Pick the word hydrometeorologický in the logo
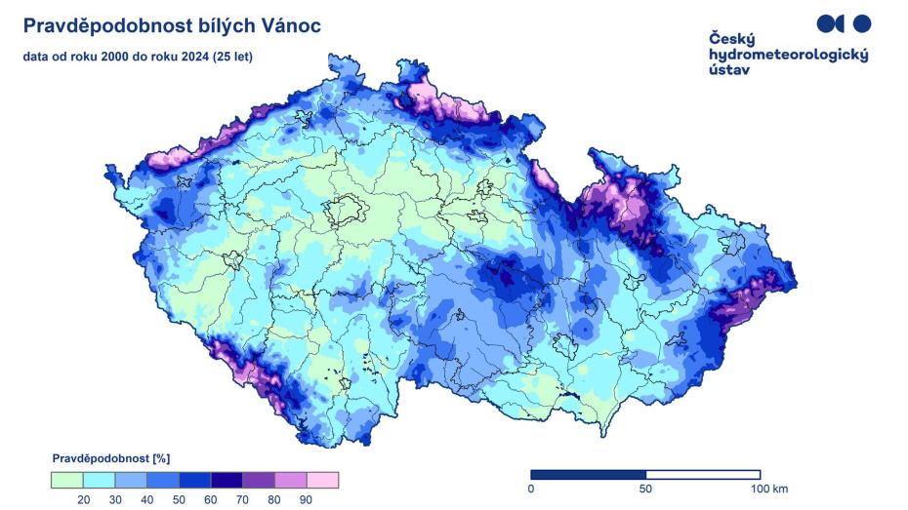(788, 56)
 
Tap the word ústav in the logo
(730, 71)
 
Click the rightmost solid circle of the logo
(861, 23)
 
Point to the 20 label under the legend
(84, 499)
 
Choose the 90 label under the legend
(306, 499)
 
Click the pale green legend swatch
(66, 480)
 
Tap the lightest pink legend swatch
(322, 480)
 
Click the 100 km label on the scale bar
(768, 488)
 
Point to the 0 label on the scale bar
(531, 488)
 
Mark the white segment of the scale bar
(703, 474)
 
